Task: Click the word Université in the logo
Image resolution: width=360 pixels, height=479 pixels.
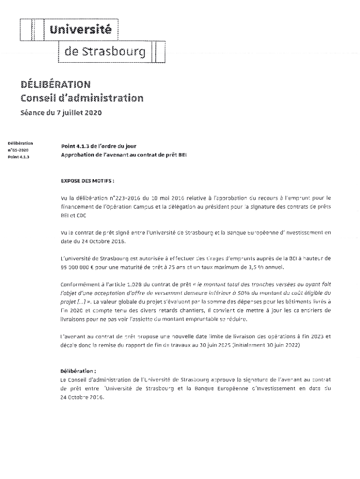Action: coord(81,30)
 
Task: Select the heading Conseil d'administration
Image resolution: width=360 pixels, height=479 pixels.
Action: coord(82,98)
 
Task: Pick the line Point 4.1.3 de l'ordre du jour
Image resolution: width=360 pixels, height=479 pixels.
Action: coord(98,146)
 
